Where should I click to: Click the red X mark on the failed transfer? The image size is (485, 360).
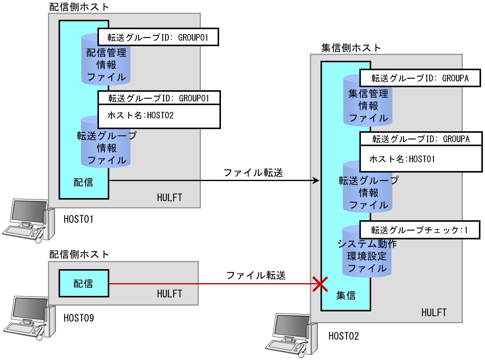click(x=320, y=284)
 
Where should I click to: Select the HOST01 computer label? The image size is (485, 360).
click(x=78, y=219)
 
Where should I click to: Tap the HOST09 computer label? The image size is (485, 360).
click(x=79, y=318)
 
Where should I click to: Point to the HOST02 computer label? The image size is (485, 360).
click(x=344, y=336)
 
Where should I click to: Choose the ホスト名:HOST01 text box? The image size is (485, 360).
click(x=421, y=159)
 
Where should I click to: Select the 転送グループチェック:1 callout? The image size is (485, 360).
click(x=419, y=230)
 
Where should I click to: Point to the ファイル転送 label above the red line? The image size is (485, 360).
click(x=256, y=275)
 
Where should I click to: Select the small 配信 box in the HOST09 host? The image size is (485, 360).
click(x=83, y=283)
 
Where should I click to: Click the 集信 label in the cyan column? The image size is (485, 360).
click(x=346, y=295)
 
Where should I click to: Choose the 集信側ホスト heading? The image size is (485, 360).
click(x=351, y=48)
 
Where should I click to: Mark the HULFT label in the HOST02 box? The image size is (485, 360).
click(x=434, y=312)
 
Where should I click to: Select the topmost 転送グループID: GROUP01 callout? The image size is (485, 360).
click(x=158, y=37)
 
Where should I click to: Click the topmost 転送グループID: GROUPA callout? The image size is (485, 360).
click(x=420, y=78)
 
